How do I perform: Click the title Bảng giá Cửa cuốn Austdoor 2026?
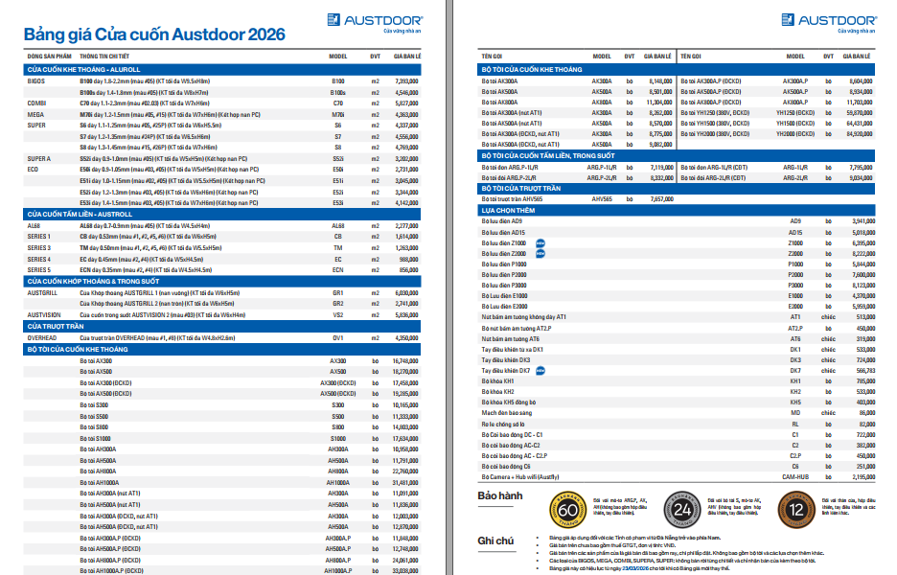pos(153,35)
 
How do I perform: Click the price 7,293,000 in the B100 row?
pos(405,81)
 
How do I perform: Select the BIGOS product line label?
pos(36,81)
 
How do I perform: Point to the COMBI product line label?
pos(36,103)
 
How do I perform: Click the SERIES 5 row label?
pos(39,270)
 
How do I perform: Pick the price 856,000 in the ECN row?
pos(408,270)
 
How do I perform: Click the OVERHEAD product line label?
pos(42,338)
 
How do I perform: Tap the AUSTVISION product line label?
pos(44,314)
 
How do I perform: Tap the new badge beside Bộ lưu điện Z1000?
pos(540,242)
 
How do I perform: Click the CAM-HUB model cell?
pos(794,476)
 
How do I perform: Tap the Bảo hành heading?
pos(498,496)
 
